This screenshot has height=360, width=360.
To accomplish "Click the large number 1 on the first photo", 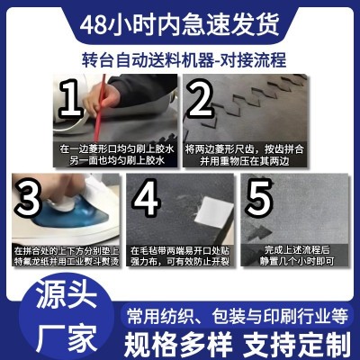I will (70, 102).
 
